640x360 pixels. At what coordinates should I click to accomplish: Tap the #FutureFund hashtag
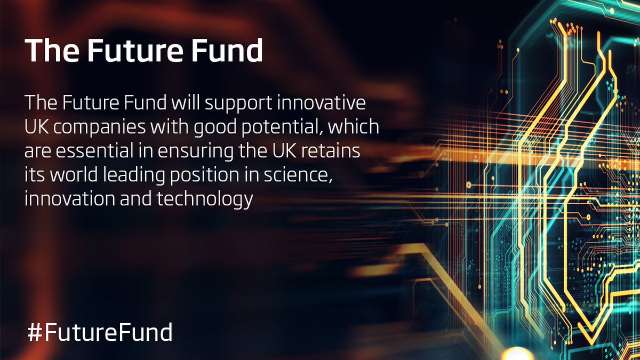99,332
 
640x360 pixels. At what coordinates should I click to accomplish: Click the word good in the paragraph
205,127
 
